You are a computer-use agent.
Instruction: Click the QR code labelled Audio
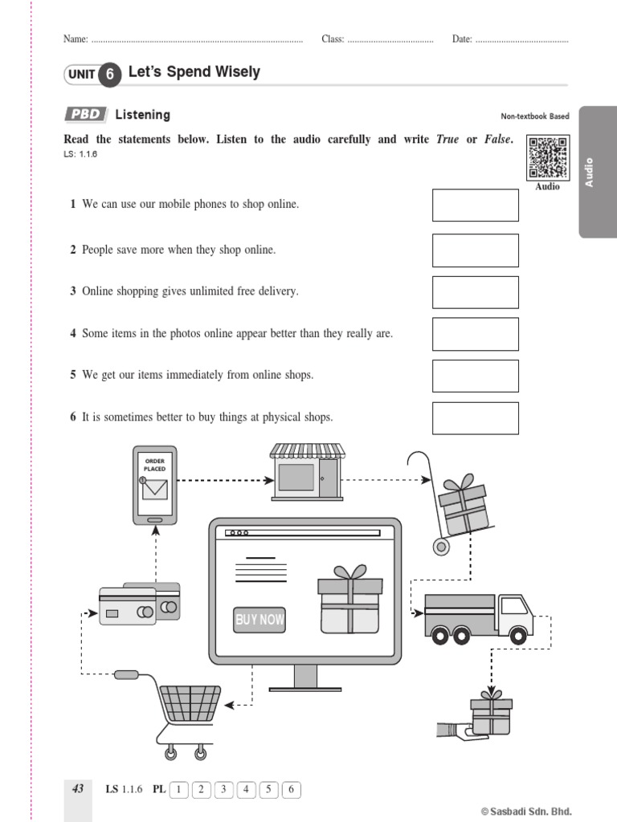pos(547,158)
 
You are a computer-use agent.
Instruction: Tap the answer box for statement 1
pos(475,205)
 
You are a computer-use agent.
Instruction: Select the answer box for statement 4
pos(475,334)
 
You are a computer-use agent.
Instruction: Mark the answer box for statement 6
pos(475,417)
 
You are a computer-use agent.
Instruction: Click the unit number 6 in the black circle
pos(111,75)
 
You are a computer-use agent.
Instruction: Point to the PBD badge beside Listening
pos(84,115)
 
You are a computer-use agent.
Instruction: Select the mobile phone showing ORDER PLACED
pos(155,486)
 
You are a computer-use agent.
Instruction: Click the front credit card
pos(127,606)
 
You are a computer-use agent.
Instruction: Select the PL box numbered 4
pos(247,790)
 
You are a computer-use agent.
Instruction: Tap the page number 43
pos(78,789)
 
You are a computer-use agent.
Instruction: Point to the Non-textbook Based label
pos(534,116)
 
